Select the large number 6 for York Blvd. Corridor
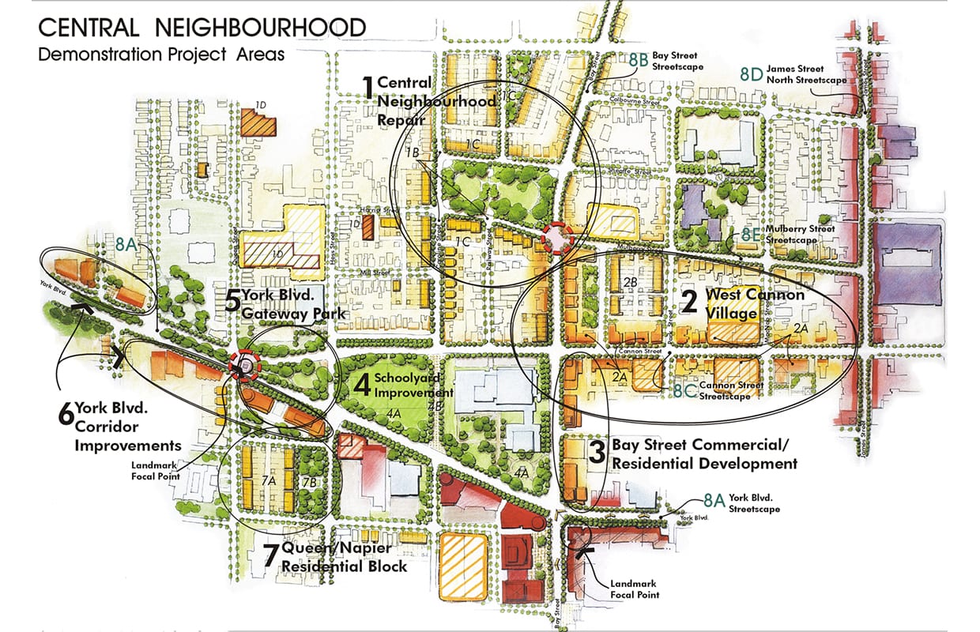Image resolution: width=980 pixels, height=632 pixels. coord(66,413)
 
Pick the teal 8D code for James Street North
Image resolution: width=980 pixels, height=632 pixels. coord(751,74)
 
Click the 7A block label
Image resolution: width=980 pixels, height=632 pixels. coord(268,480)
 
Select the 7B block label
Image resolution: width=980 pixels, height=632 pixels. coord(309,480)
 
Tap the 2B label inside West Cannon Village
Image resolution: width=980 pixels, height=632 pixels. coord(630,282)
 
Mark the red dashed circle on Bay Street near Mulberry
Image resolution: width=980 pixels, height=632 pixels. coord(558,238)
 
